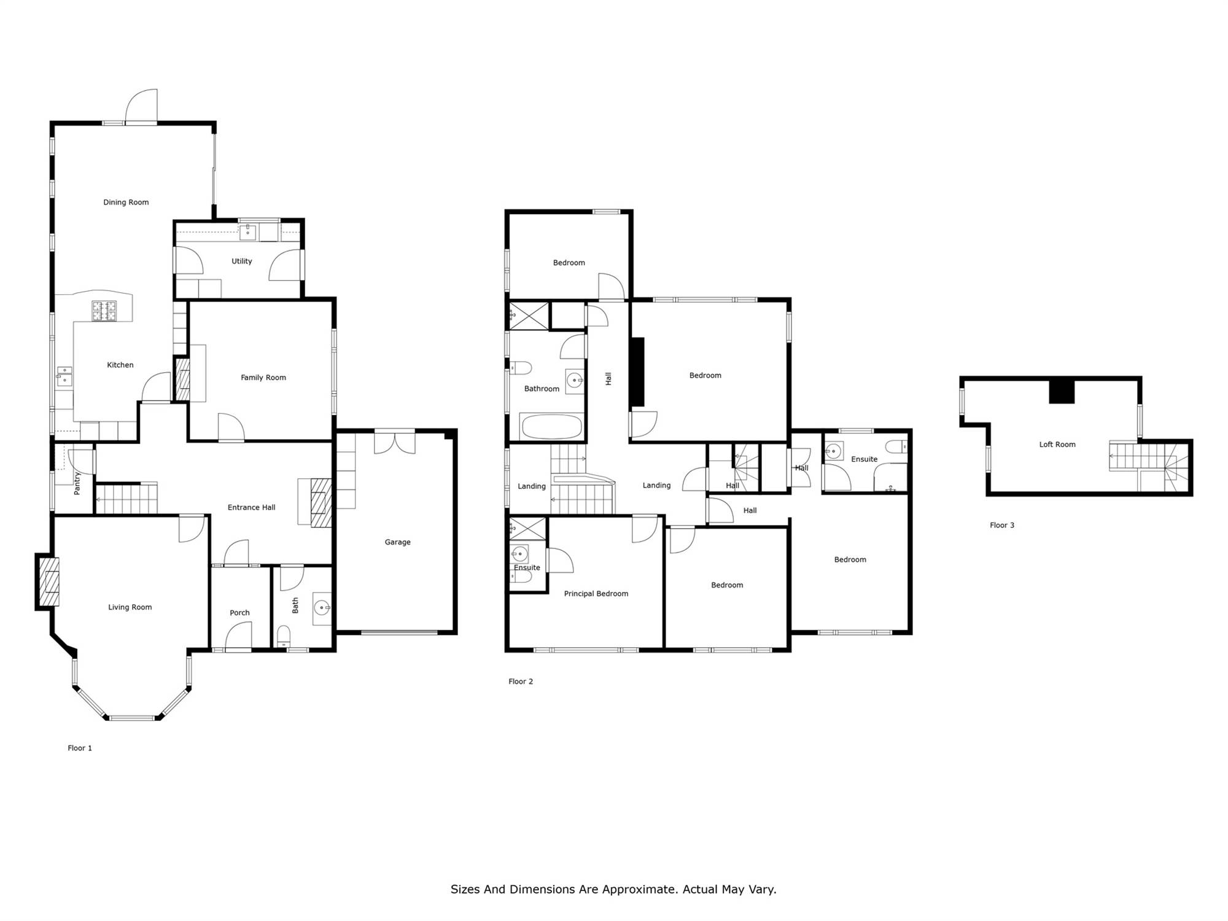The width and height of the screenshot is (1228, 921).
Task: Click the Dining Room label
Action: (x=126, y=202)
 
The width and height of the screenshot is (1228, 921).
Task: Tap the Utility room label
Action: (x=242, y=261)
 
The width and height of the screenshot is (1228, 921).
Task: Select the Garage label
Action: (x=397, y=542)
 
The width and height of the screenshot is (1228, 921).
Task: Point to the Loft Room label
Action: (x=1057, y=445)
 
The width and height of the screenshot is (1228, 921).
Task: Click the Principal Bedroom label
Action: (x=596, y=594)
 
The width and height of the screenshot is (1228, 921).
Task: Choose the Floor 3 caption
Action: (x=1002, y=525)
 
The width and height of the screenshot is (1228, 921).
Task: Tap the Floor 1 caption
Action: (x=80, y=748)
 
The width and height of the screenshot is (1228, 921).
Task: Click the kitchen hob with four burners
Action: (x=104, y=311)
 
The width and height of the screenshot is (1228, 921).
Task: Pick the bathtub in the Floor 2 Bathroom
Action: (x=551, y=427)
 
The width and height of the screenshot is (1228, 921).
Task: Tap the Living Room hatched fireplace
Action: (x=48, y=581)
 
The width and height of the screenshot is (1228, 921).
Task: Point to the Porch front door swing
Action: (x=239, y=635)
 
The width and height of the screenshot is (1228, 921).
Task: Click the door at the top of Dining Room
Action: (x=141, y=106)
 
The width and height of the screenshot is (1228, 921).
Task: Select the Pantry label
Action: (x=77, y=483)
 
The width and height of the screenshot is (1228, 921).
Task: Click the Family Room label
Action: (x=263, y=378)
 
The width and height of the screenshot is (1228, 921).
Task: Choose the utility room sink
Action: (x=248, y=233)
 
